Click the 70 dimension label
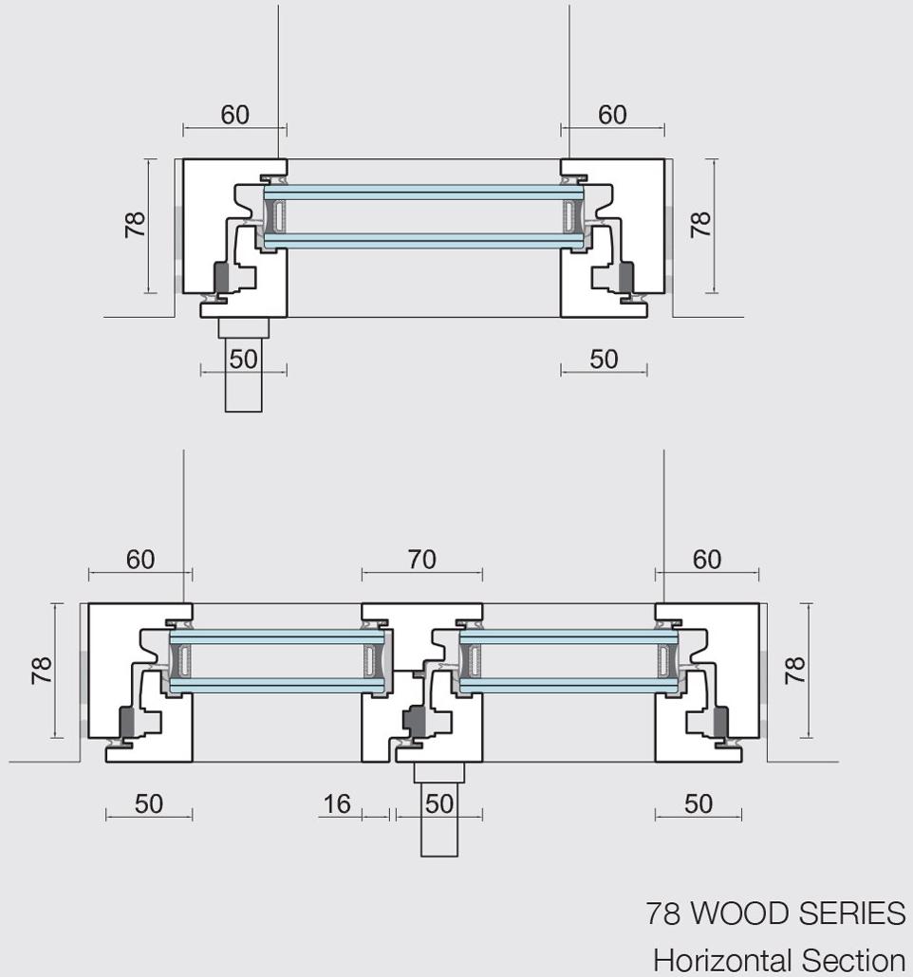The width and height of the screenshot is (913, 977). point(422,561)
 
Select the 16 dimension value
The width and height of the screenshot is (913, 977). point(336,804)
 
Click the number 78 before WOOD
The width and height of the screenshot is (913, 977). point(664,913)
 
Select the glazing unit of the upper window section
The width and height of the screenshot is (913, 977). point(422,217)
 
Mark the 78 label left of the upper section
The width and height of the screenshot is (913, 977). point(135,225)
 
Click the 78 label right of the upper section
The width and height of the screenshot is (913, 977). point(699,225)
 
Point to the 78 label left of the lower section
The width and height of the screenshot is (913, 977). point(40,670)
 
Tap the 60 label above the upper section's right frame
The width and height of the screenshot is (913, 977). point(612,115)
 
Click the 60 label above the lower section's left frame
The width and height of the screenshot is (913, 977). point(140,560)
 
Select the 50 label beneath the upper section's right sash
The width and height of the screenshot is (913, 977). point(604,359)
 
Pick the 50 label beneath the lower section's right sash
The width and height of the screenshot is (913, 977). point(698,804)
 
